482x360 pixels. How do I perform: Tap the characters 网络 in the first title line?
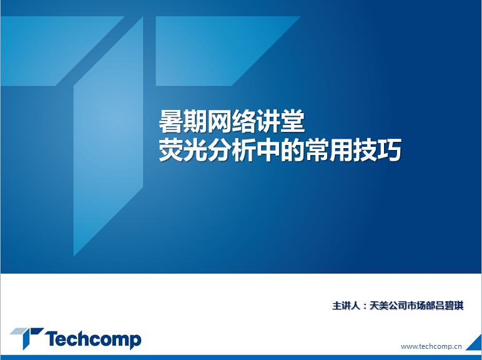(x=232, y=122)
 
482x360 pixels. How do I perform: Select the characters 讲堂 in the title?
(x=280, y=122)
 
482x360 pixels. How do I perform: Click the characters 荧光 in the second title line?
(x=183, y=150)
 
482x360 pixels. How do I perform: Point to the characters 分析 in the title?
(x=232, y=150)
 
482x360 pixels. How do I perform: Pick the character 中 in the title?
(x=268, y=150)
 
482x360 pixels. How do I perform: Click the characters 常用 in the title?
(x=329, y=150)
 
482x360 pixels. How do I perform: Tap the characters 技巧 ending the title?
(x=378, y=150)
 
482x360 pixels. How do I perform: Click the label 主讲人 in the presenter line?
(x=346, y=306)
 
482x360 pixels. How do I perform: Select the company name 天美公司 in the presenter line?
(x=388, y=306)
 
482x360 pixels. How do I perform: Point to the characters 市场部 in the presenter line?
(x=421, y=306)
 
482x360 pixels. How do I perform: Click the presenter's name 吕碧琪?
(x=449, y=306)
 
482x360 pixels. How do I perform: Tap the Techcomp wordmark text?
(x=94, y=339)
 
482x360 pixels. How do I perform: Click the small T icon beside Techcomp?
(x=27, y=337)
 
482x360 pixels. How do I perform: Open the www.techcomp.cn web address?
(x=431, y=346)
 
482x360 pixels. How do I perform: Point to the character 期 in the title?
(x=195, y=122)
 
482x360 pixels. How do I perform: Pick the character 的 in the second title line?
(x=292, y=150)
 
